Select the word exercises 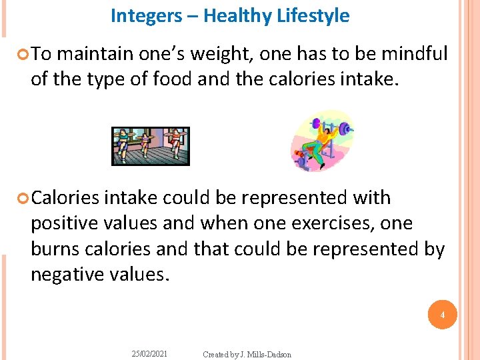[x=309, y=223]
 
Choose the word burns [x=55, y=249]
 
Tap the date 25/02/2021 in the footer [x=151, y=354]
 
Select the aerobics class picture [x=150, y=146]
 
